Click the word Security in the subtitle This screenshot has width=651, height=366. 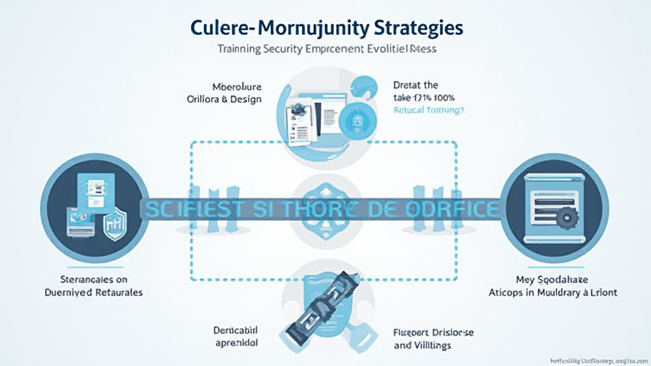coord(285,49)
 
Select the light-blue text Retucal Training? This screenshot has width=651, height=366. coord(429,109)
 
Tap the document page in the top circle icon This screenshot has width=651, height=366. coord(297,121)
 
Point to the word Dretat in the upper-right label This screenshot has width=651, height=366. coord(406,85)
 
